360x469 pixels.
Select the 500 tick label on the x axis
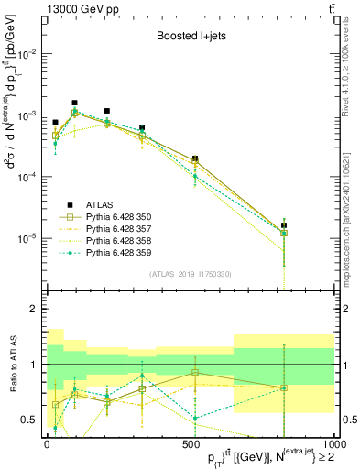coord(191,443)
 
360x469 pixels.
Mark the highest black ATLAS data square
coord(74,104)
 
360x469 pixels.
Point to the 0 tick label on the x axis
coord(47,443)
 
